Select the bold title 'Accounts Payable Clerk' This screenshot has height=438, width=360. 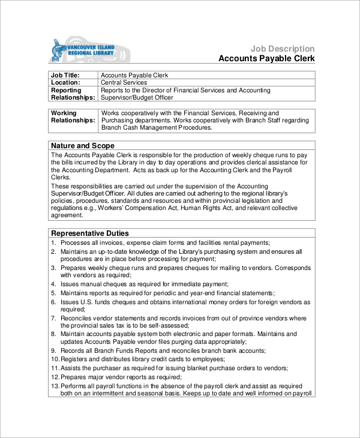(266, 59)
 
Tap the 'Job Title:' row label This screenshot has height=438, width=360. (64, 76)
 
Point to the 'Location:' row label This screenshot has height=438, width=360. (65, 83)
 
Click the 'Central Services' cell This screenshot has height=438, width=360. (124, 83)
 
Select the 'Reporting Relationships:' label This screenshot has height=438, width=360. (73, 94)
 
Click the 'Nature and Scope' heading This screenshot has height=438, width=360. (79, 146)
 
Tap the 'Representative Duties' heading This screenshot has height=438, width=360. (89, 233)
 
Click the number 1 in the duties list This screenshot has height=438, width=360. (53, 242)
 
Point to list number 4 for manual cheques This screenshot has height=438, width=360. (53, 284)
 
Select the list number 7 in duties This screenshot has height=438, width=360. (53, 317)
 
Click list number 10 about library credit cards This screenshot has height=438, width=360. (55, 359)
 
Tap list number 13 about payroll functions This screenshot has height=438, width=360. (55, 385)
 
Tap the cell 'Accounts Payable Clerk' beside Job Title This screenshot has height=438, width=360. (134, 76)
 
